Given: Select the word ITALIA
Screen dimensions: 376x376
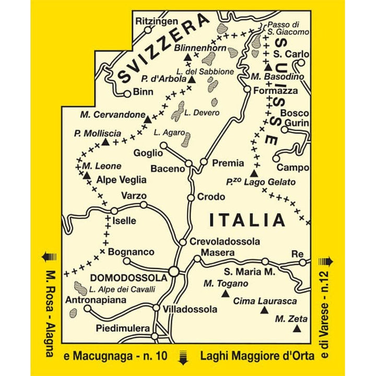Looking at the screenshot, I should [247, 220].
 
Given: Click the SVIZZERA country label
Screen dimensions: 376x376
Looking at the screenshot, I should [163, 48].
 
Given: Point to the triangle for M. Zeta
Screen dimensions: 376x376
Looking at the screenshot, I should [297, 329].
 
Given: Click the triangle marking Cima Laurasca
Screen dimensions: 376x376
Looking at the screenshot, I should [264, 312].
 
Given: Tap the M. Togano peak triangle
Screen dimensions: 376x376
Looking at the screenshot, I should [226, 294].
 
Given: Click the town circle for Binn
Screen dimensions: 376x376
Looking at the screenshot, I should [127, 94].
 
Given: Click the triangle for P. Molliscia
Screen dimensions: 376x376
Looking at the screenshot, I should [105, 142].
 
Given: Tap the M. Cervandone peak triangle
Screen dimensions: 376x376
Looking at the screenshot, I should [147, 120].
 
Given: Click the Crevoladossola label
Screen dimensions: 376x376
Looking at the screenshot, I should [225, 241].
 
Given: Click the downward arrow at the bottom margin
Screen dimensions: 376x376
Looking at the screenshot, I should [183, 357].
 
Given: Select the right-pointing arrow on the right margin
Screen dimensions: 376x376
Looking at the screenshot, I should [329, 261].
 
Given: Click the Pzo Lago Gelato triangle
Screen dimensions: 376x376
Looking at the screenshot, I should [254, 173].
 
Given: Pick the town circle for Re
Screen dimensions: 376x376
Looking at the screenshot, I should [302, 262].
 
